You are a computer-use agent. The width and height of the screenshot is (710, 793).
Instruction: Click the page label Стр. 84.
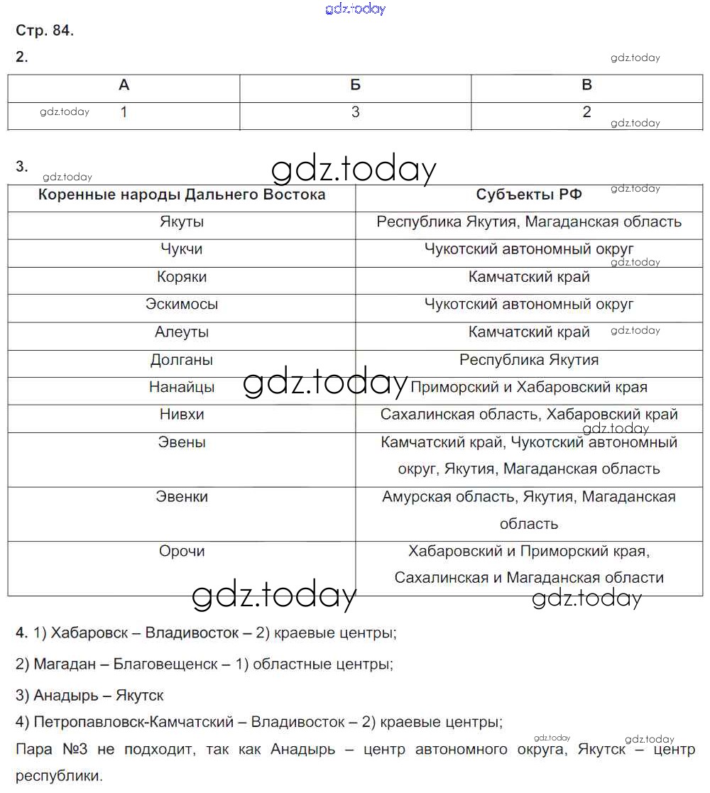[45, 31]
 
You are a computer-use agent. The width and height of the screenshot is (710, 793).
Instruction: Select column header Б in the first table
[355, 85]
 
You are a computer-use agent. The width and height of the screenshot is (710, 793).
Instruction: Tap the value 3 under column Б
[355, 112]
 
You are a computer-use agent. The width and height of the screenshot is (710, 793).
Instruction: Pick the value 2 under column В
[586, 112]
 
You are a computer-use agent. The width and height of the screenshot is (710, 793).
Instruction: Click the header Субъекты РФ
[528, 195]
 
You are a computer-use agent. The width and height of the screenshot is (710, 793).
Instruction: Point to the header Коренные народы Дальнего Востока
[182, 195]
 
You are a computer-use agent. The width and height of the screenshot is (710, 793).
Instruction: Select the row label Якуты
[182, 222]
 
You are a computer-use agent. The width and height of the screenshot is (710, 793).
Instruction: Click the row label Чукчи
[182, 249]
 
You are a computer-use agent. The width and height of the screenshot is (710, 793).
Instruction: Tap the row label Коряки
[182, 277]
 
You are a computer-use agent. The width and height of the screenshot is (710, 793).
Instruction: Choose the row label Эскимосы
[182, 305]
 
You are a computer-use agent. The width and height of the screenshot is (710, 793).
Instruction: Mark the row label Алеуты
[182, 332]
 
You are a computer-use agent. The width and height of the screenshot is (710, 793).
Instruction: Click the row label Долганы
[182, 360]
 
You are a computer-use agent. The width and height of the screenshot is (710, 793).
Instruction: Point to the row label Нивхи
[182, 415]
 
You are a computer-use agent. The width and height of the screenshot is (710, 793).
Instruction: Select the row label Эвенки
[182, 497]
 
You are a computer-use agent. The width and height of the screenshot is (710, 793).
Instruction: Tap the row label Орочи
[182, 552]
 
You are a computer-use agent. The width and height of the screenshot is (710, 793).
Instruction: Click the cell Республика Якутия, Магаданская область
[528, 222]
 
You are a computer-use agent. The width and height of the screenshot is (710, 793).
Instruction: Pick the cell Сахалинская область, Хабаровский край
[528, 415]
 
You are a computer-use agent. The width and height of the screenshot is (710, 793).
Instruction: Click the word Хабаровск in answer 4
[94, 633]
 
